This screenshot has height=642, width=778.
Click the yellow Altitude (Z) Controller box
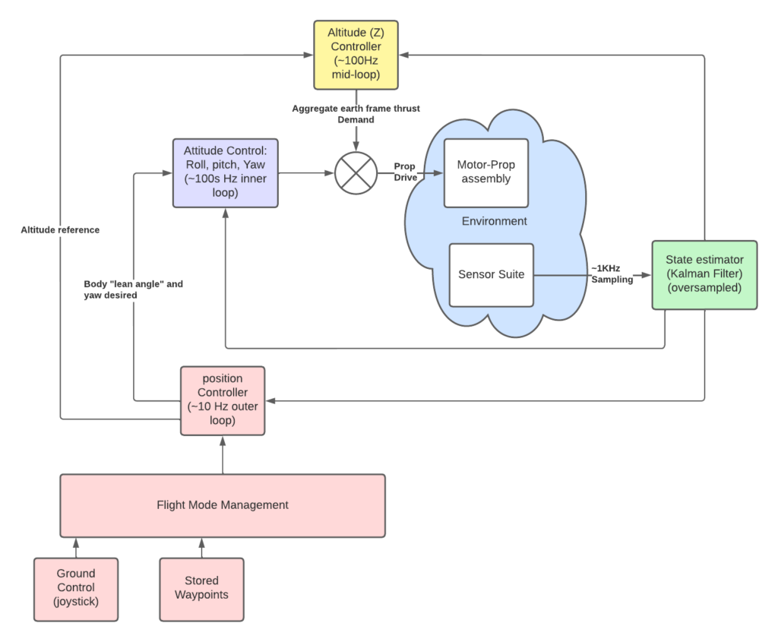point(356,55)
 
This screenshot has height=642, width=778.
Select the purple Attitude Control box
point(225,173)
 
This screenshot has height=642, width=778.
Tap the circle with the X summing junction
point(356,173)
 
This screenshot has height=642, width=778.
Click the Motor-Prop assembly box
point(486,173)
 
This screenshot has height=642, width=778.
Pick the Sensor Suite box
point(492,275)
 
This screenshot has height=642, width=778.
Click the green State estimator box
point(704,275)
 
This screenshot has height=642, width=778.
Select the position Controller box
point(223,401)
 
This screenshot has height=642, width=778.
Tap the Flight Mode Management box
point(223,505)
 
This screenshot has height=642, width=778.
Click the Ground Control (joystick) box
point(76,590)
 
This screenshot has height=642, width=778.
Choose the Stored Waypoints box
point(201,590)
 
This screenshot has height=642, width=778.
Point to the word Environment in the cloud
point(494,221)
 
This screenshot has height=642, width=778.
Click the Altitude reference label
point(60,229)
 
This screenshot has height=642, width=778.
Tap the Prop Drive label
point(406,172)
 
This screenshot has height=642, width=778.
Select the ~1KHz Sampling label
point(612,274)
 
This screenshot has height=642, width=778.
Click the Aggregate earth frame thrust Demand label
point(356,114)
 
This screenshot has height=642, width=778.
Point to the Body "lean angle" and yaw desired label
point(133,289)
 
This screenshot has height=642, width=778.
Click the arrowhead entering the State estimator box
point(646,275)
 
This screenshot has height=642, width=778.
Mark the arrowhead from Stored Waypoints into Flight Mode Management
point(201,543)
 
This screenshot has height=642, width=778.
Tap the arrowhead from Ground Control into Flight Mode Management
point(76,543)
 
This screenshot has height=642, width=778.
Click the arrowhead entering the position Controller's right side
point(271,401)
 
